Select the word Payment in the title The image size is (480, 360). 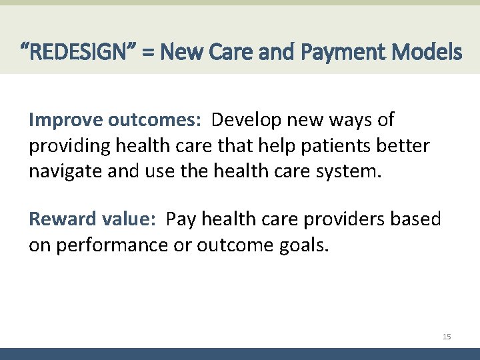[x=353, y=51]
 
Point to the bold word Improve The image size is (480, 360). [x=66, y=120]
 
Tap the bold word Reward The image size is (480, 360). [x=61, y=219]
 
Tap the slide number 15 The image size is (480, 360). [x=447, y=337]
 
